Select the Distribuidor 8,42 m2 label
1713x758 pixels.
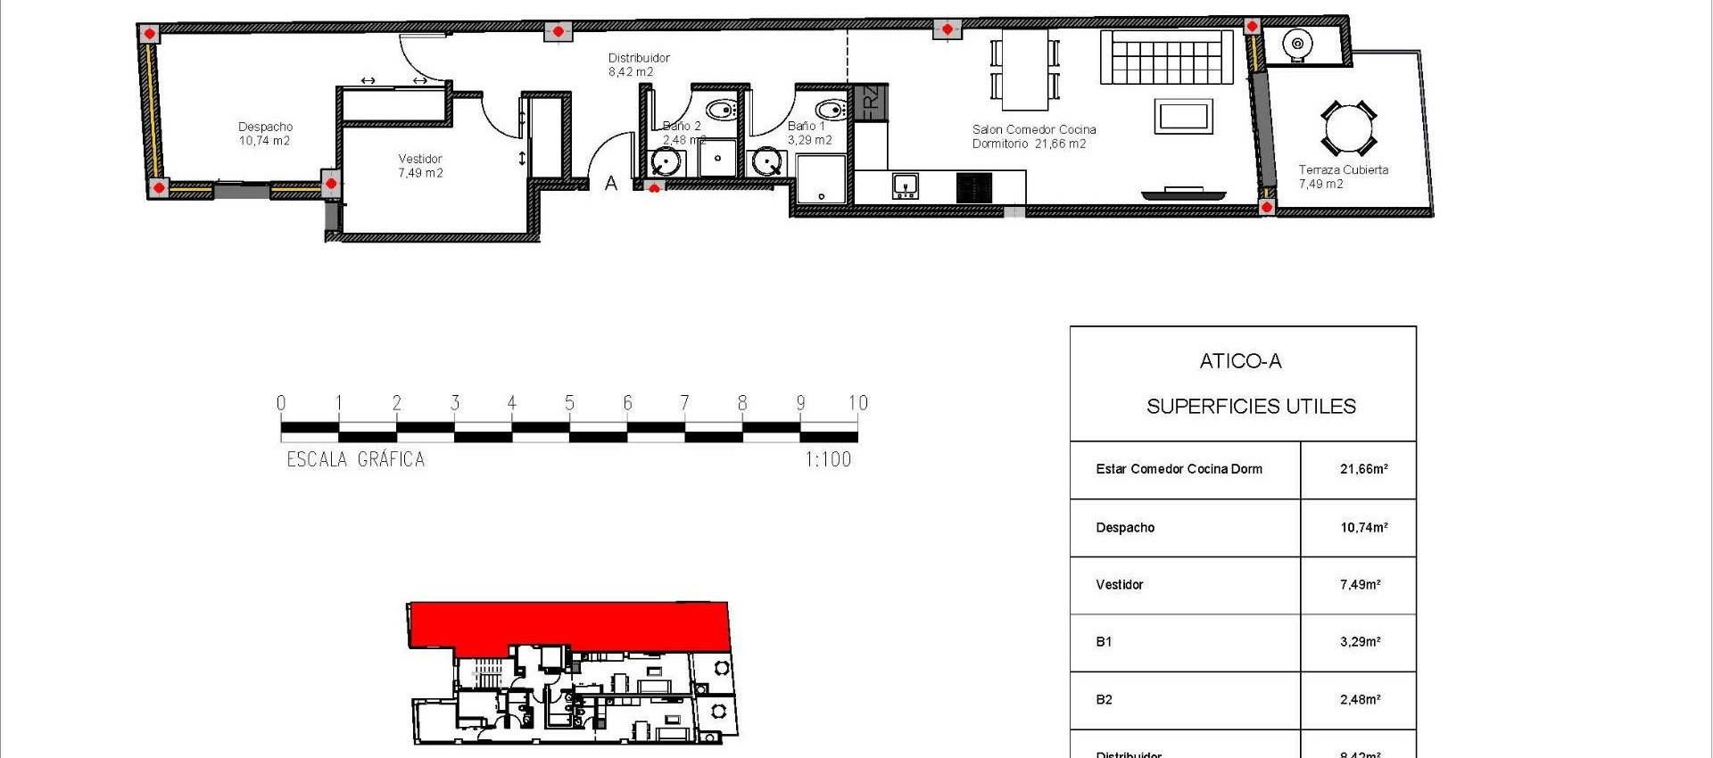click(638, 65)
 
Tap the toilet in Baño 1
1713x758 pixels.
click(832, 111)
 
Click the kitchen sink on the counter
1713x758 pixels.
click(905, 186)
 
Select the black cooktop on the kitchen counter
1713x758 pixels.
click(974, 187)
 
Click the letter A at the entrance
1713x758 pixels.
click(611, 184)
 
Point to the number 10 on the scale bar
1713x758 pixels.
click(857, 403)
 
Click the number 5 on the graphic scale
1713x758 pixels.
click(569, 403)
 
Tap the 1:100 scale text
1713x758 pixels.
click(828, 460)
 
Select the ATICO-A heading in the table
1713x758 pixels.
click(1240, 361)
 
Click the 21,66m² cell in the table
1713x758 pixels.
click(1363, 469)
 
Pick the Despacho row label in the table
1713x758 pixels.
click(1125, 528)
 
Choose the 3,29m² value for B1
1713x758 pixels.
click(1360, 642)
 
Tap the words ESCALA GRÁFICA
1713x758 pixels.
click(355, 460)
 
